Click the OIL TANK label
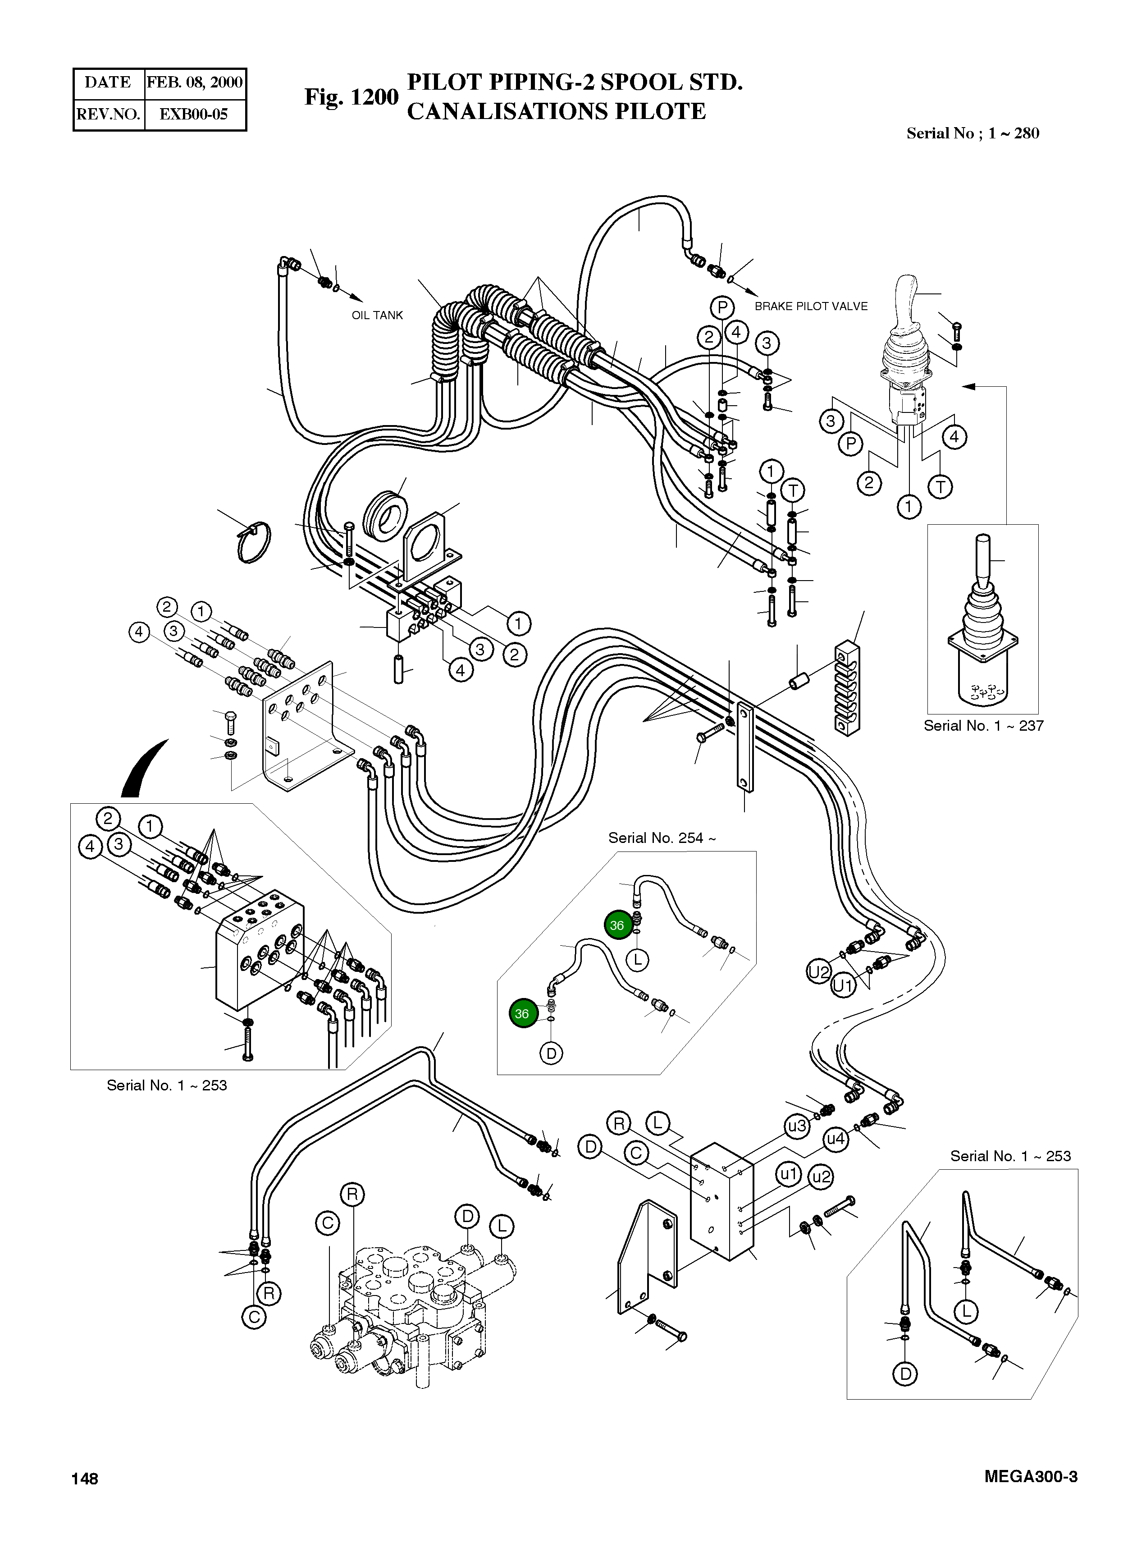click(377, 315)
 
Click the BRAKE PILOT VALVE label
click(810, 306)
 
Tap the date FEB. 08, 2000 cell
click(194, 82)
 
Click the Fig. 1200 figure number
click(351, 97)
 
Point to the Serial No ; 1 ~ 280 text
click(972, 133)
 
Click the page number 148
click(85, 1479)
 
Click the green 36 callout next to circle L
click(616, 925)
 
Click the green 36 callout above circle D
click(522, 1014)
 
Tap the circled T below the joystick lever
click(941, 486)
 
